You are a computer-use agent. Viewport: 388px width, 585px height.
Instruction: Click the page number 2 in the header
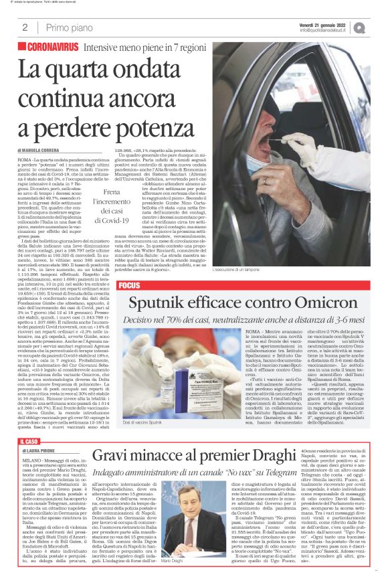(25, 27)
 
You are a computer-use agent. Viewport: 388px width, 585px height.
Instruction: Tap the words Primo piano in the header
(68, 27)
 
